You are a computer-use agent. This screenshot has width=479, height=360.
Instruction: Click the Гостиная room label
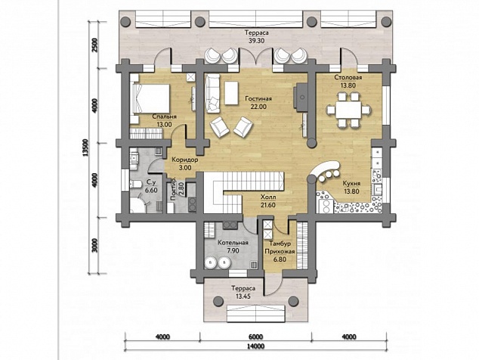258,99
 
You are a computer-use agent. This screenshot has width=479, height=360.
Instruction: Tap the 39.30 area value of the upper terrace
256,41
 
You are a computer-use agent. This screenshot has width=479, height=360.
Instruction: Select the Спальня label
165,116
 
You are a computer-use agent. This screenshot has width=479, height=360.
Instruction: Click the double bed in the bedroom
150,99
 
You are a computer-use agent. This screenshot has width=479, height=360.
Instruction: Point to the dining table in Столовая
348,110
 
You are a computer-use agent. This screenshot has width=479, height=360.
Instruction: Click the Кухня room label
351,184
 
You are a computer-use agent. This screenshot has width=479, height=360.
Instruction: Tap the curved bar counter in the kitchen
324,171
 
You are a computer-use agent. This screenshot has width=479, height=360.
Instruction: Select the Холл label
268,197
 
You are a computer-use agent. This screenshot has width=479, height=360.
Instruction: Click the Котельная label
233,243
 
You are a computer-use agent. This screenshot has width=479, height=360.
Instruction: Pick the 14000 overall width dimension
256,346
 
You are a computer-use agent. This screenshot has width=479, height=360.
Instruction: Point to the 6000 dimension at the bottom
256,337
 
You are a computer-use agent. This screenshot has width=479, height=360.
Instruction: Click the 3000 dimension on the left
95,245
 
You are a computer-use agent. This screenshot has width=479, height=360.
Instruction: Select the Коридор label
185,160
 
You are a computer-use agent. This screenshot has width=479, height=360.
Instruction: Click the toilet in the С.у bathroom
136,184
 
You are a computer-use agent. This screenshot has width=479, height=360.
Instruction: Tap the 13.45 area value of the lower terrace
243,296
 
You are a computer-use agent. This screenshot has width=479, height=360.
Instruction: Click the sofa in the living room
212,94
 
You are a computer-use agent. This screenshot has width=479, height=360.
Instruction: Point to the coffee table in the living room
231,93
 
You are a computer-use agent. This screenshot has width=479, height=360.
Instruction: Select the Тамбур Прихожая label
280,248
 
